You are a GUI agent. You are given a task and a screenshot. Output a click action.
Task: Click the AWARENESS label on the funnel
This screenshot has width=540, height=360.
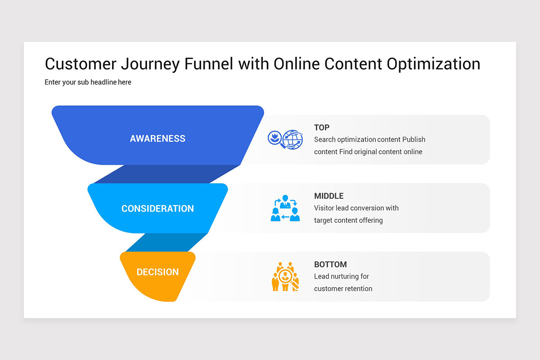pos(157,139)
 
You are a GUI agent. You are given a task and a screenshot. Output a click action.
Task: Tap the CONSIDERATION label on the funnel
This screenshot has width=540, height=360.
pos(157,209)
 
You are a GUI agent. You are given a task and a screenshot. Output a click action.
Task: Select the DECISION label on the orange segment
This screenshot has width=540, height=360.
pos(157,272)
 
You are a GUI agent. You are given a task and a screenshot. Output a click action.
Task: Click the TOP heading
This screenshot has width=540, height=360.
pos(322,128)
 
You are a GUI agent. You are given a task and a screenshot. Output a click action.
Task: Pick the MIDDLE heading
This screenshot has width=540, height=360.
pos(328,196)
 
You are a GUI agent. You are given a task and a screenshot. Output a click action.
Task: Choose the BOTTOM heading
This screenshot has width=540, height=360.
pos(330,265)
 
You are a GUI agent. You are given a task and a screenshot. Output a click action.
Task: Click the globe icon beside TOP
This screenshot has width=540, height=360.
pos(292,139)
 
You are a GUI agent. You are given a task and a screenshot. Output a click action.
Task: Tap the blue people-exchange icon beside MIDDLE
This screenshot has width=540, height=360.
pos(285,208)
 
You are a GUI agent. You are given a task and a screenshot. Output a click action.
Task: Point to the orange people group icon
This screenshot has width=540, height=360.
pos(285,276)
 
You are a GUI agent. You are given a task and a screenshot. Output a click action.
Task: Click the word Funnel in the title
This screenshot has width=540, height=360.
pos(208,64)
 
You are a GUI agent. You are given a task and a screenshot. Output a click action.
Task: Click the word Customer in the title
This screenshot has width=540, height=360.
pos(80,64)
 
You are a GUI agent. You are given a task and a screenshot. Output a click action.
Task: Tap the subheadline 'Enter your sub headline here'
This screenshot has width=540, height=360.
pos(88,82)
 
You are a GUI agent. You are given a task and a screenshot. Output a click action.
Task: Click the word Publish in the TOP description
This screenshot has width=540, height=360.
pos(414,139)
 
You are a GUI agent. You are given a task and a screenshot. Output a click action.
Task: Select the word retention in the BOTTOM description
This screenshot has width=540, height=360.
pos(357,288)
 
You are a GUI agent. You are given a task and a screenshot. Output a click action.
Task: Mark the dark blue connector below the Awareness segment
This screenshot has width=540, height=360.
pos(166,174)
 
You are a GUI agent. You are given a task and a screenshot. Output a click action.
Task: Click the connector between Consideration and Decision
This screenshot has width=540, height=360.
pos(166,243)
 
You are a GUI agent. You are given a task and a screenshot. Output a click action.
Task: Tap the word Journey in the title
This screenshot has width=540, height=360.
pos(151,64)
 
